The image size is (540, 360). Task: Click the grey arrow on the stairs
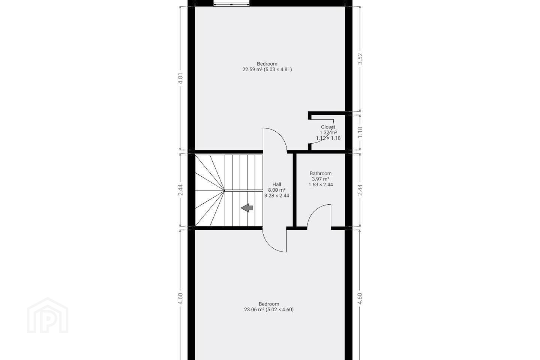click(247, 208)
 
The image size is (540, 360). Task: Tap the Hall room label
click(277, 184)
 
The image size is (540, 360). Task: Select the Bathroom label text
click(320, 173)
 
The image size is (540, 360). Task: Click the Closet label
click(328, 127)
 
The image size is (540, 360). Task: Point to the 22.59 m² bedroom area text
click(267, 70)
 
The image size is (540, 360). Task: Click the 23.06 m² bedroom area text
click(269, 310)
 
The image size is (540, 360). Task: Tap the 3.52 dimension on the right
click(360, 59)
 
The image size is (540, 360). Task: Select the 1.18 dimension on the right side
click(360, 132)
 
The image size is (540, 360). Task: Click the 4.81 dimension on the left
click(180, 78)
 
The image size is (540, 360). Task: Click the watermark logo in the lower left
click(48, 315)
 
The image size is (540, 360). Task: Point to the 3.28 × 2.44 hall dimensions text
click(277, 196)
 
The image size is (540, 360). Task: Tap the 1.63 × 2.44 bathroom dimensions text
click(321, 185)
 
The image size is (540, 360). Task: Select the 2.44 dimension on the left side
click(180, 190)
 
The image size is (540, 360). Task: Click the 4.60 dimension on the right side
click(360, 298)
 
